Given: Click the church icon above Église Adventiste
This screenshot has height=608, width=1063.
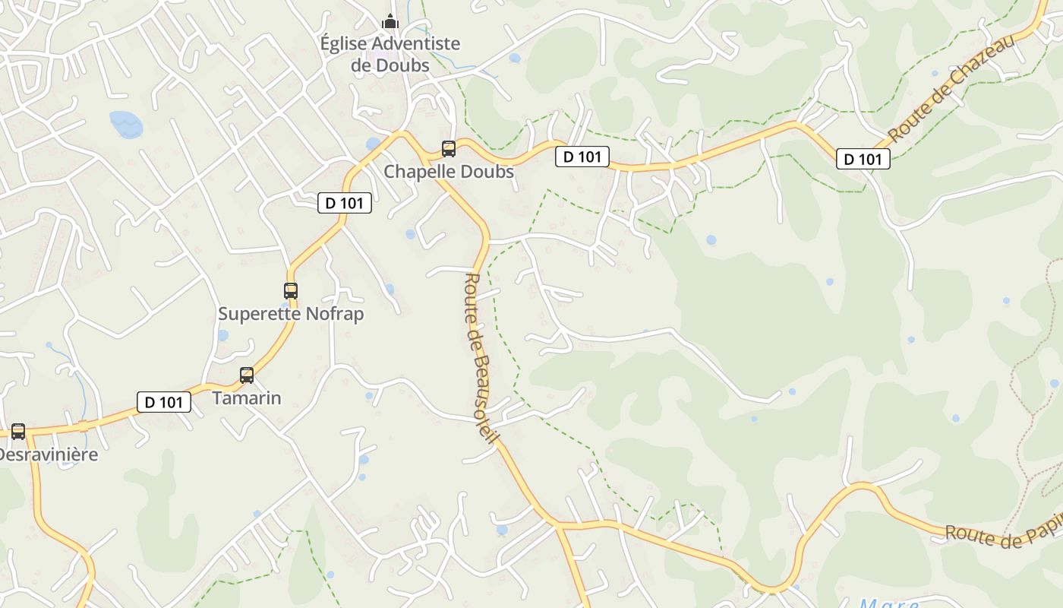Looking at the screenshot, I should (390, 21).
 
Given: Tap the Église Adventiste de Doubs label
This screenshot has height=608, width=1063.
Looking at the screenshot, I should (390, 54).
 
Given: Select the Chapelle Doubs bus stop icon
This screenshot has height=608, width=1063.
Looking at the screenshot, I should (449, 149).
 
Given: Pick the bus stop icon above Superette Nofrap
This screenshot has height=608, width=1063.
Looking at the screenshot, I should (291, 290).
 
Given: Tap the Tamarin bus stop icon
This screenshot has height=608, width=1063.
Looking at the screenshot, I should (247, 375).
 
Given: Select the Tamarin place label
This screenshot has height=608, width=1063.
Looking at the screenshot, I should (247, 398).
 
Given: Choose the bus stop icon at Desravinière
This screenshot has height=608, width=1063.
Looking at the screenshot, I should (18, 432).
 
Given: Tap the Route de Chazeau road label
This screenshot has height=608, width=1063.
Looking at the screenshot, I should (952, 87).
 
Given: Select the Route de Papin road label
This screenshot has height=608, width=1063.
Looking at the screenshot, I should (1002, 535).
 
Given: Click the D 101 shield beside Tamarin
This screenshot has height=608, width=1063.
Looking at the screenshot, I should (164, 402).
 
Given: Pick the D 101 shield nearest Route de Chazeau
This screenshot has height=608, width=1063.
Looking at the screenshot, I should (863, 159).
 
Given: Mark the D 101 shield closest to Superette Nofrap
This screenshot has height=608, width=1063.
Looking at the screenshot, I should (345, 203).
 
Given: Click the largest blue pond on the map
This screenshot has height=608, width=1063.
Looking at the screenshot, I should (125, 123).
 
